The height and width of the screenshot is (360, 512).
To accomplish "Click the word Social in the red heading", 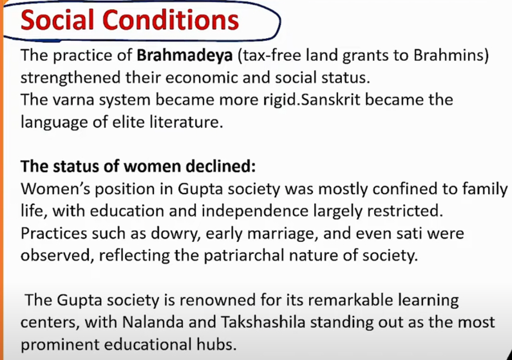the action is pyautogui.click(x=57, y=20).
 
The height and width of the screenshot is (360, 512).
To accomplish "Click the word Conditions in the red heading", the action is pyautogui.click(x=171, y=20).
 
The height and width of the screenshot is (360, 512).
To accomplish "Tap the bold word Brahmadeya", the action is pyautogui.click(x=185, y=56).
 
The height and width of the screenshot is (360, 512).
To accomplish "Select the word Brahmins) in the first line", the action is pyautogui.click(x=451, y=56).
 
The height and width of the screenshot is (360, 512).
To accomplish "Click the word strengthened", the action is pyautogui.click(x=71, y=78).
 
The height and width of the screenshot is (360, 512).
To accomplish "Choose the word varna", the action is pyautogui.click(x=73, y=100).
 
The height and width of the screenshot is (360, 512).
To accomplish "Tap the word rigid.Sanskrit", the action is pyautogui.click(x=312, y=100).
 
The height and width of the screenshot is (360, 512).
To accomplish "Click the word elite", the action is pyautogui.click(x=128, y=122).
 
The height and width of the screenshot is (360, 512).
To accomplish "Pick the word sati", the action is pyautogui.click(x=409, y=233).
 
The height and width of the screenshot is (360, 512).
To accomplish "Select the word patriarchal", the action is pyautogui.click(x=244, y=256).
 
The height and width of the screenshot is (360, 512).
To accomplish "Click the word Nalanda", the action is pyautogui.click(x=153, y=322).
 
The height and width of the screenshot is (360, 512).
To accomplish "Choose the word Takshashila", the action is pyautogui.click(x=263, y=322).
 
